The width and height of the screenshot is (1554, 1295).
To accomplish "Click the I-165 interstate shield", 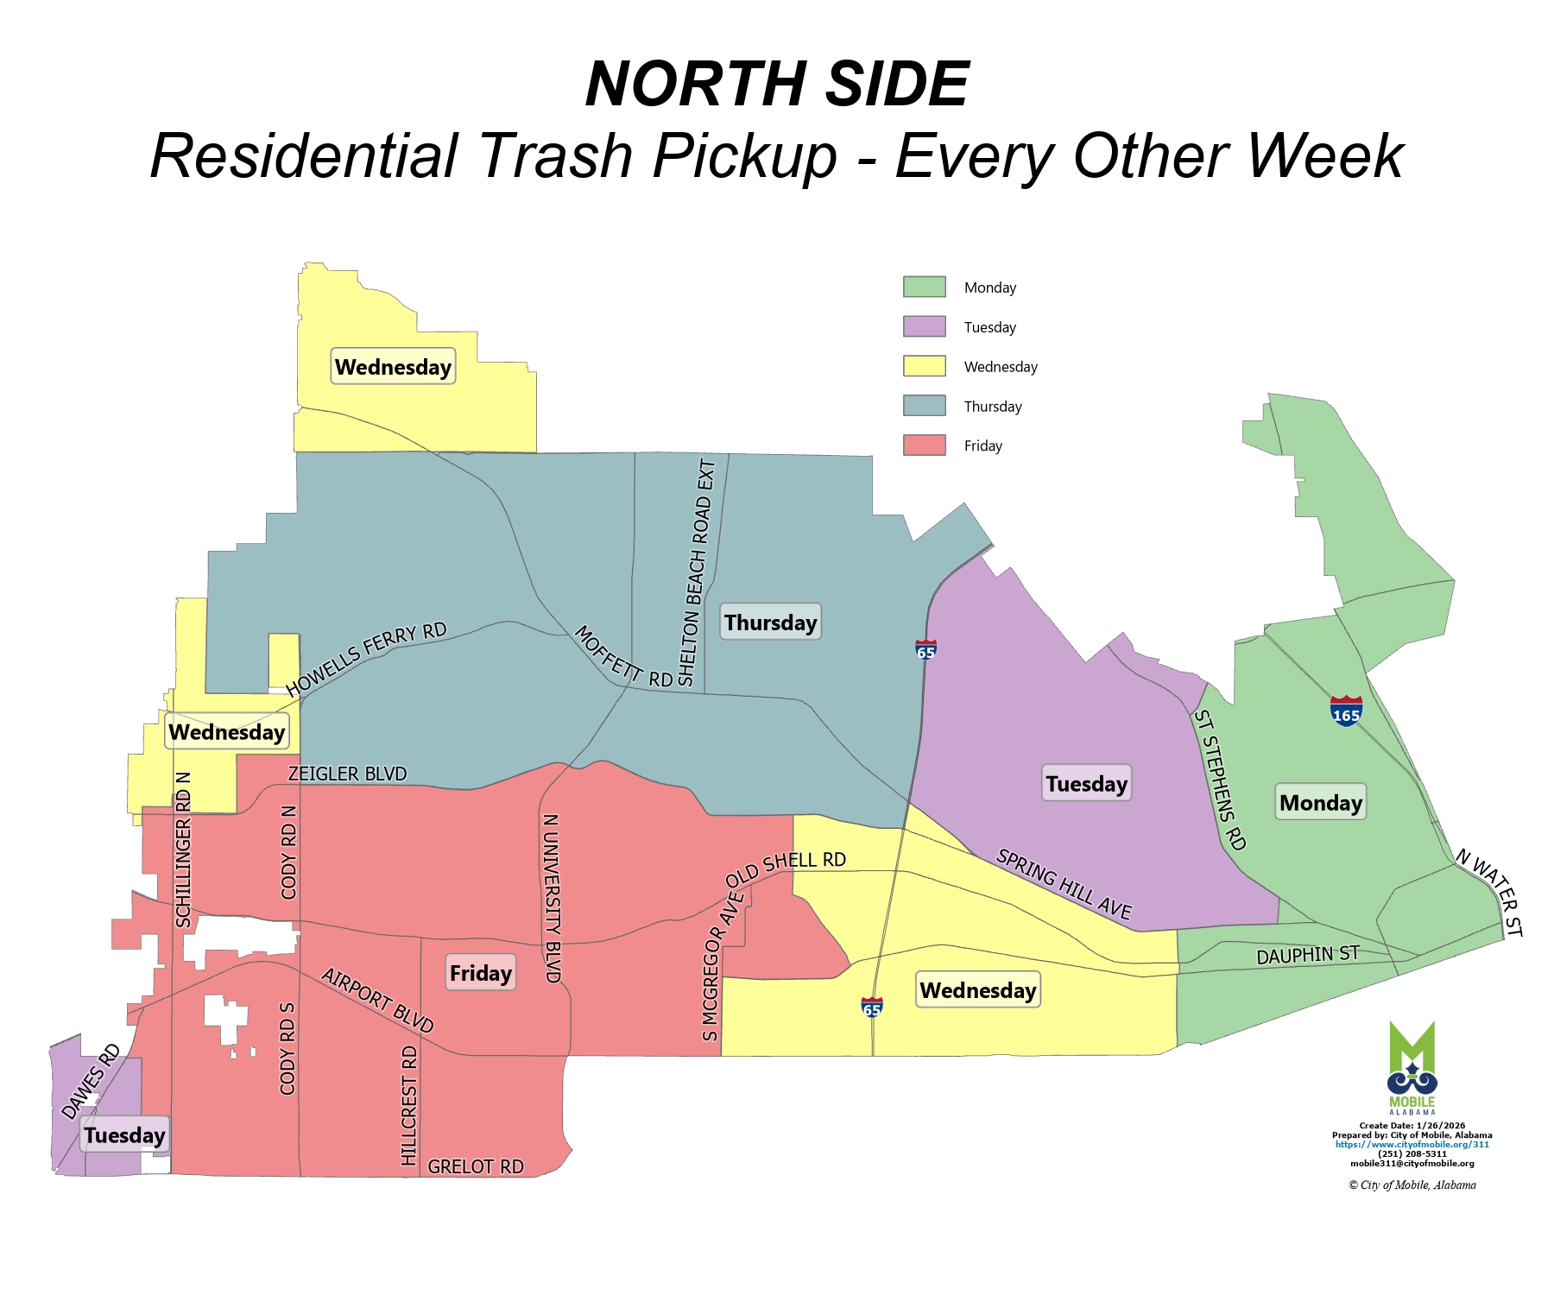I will [1346, 711].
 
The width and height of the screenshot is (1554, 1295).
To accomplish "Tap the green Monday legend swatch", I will [924, 287].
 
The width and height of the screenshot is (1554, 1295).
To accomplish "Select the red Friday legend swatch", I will [924, 445].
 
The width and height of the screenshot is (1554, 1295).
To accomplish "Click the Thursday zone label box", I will [770, 622].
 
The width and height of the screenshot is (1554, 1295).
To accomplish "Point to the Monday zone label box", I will [1320, 802].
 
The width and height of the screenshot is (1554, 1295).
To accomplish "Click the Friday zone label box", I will [481, 973].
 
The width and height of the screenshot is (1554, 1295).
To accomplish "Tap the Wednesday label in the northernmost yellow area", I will [393, 367].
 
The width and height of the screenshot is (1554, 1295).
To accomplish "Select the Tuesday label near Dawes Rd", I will [124, 1134].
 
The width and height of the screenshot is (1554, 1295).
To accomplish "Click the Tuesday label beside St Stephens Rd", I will [1086, 783].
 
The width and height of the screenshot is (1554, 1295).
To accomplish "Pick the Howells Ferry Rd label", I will [366, 659].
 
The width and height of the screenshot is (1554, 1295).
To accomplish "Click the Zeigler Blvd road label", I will [347, 774].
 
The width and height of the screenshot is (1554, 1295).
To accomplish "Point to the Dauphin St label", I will [1307, 955].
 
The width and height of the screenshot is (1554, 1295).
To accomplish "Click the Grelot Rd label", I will [476, 1166].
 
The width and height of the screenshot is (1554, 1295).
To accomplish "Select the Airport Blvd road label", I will [377, 1000].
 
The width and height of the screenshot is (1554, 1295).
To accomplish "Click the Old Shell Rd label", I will [785, 869].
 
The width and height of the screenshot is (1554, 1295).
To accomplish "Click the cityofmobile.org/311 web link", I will [1412, 1144].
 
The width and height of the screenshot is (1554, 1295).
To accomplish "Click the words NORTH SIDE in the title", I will [777, 84].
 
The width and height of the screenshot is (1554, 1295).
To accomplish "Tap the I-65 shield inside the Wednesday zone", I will [872, 1007].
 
